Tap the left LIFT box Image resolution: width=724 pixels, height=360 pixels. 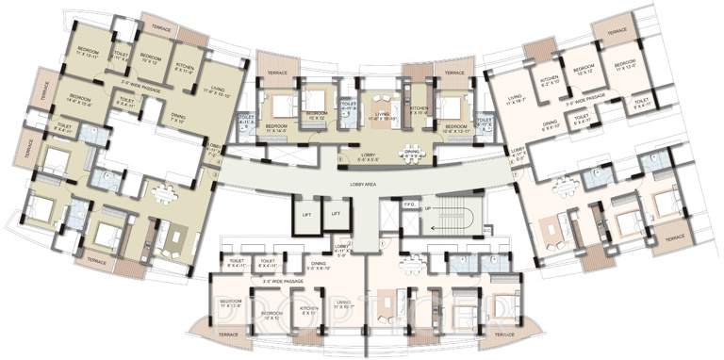[307, 215]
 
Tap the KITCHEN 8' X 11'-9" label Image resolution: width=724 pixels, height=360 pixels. [185, 65]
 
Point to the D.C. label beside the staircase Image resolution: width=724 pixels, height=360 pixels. [486, 227]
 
